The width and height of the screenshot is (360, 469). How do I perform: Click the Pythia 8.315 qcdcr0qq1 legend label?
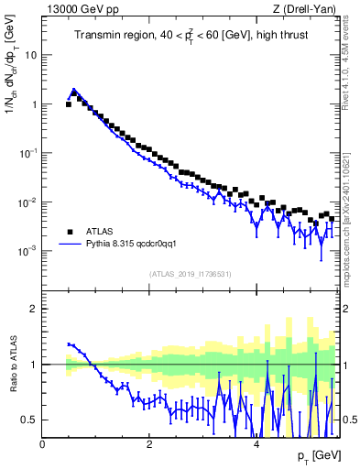136,245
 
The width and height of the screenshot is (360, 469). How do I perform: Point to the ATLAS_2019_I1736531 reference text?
191,274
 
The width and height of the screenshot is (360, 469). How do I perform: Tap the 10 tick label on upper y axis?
30,54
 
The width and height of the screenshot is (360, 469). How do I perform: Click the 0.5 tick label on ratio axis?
28,420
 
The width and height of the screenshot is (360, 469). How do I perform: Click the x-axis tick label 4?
256,442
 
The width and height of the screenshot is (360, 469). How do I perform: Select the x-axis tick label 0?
42,442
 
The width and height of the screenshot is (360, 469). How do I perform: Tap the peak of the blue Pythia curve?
73,90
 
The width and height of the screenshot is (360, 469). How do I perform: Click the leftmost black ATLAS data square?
68,104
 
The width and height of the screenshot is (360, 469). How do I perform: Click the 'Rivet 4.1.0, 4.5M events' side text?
349,64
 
